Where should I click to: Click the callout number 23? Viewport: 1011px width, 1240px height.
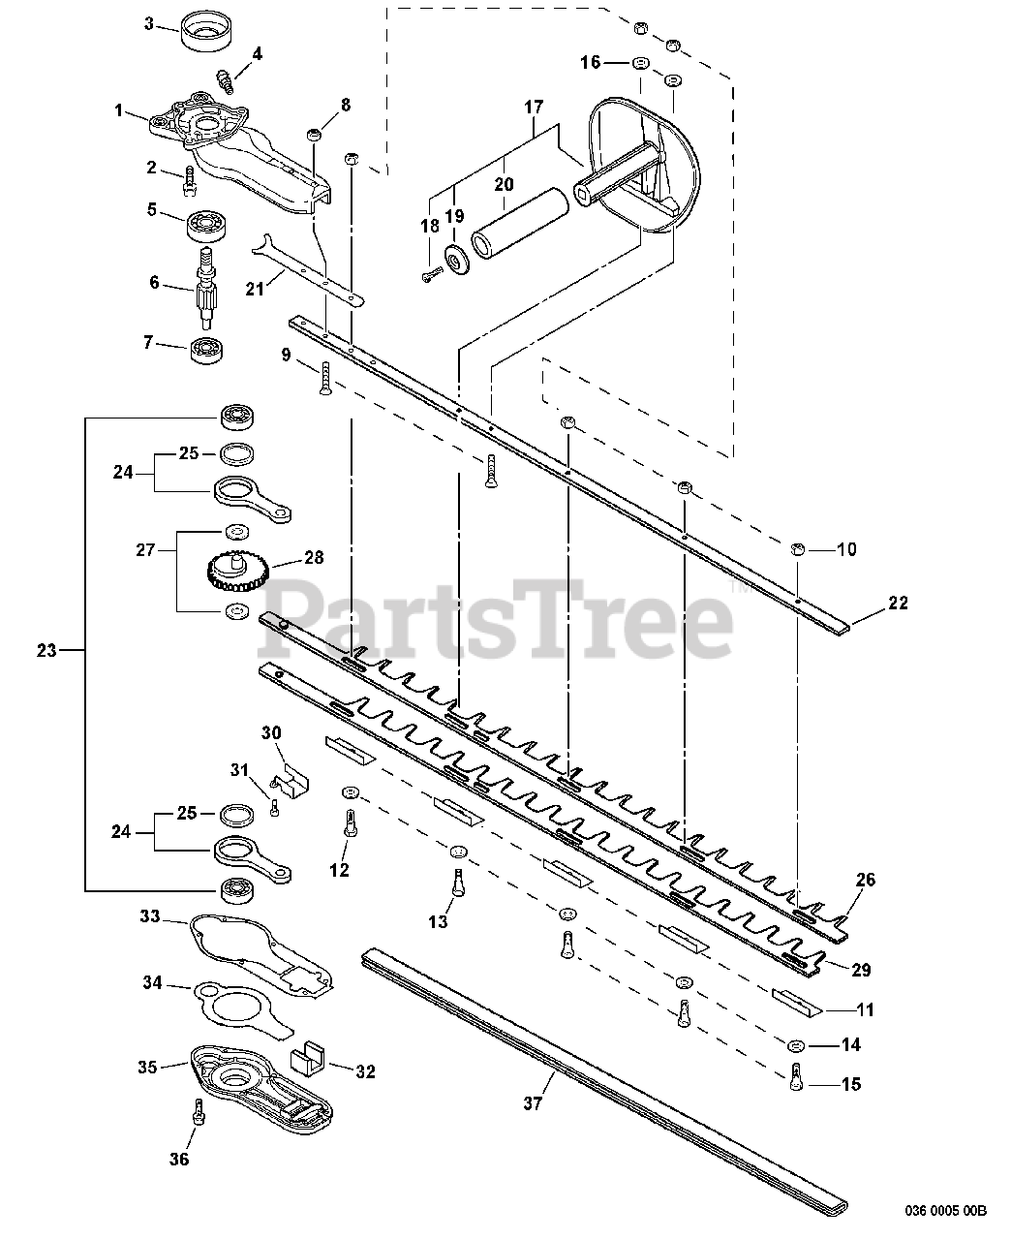tap(46, 650)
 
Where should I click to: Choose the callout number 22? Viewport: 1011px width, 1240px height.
tap(898, 603)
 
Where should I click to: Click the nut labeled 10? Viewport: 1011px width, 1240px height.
tap(797, 549)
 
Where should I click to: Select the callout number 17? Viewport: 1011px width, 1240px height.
tap(534, 108)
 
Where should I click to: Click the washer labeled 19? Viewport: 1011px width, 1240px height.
tap(453, 261)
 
